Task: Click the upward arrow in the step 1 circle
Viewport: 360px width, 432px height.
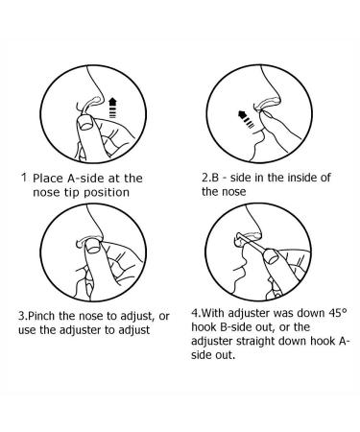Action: click(111, 108)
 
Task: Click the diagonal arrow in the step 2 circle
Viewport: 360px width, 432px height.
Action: click(247, 119)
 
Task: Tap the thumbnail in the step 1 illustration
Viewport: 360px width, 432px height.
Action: click(85, 123)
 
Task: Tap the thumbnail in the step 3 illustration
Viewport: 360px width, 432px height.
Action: click(93, 248)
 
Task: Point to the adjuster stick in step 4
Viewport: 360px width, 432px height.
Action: click(253, 245)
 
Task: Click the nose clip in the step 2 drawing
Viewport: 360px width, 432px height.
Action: click(266, 106)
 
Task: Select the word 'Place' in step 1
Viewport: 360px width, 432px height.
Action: click(49, 178)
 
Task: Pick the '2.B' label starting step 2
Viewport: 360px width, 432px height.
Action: click(210, 178)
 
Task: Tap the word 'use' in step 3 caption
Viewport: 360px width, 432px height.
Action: click(27, 330)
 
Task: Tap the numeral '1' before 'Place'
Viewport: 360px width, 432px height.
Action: click(24, 178)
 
